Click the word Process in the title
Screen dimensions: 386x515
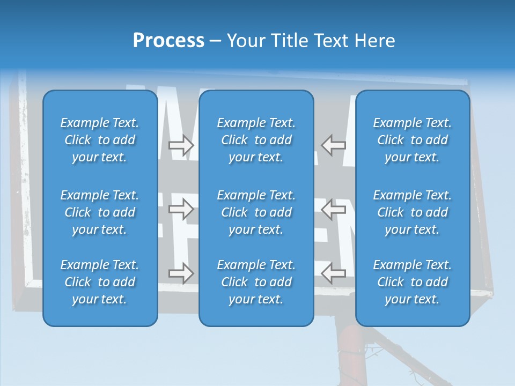(168, 41)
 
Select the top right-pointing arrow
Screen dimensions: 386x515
(181, 145)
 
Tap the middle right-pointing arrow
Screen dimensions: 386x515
(181, 209)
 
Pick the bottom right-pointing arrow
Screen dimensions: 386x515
(181, 273)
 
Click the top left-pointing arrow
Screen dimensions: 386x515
(334, 145)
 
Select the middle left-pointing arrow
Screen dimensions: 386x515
(334, 209)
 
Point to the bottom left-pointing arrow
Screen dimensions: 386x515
(334, 273)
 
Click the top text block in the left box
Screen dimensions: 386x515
(100, 140)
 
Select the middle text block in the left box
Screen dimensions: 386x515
(100, 212)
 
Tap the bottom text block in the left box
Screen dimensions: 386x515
(100, 282)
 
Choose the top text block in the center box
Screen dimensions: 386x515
(256, 140)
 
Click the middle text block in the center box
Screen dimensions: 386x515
(256, 212)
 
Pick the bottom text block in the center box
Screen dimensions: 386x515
(256, 282)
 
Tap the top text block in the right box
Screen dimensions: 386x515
(412, 140)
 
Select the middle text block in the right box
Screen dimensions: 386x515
(412, 212)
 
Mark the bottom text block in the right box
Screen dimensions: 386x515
(412, 282)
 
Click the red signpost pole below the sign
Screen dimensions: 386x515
(350, 354)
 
